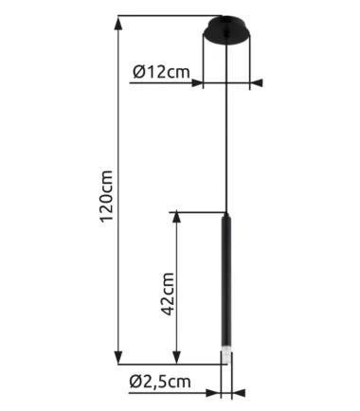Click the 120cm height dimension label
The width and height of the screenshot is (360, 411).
click(x=106, y=196)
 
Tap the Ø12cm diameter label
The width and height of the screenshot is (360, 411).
click(x=162, y=72)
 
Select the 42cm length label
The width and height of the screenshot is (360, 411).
click(x=168, y=294)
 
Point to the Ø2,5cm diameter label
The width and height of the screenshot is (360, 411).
click(x=160, y=382)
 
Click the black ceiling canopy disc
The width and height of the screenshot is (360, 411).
click(x=226, y=30)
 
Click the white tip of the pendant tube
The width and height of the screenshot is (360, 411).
click(x=226, y=356)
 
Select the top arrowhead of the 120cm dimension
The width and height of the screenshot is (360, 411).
click(x=118, y=23)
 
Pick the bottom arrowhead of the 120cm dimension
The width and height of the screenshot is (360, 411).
click(x=118, y=357)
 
